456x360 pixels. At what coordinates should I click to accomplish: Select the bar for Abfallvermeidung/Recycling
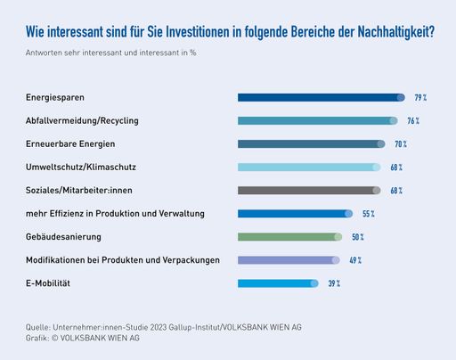[x=317, y=120]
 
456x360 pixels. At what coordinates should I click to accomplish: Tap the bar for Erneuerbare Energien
[x=311, y=143]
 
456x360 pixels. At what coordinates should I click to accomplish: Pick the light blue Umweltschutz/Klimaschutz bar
[x=309, y=167]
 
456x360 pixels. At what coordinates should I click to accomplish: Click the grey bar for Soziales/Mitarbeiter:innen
[x=309, y=190]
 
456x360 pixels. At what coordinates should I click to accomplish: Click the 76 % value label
[x=412, y=120]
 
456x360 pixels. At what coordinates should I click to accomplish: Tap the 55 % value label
[x=368, y=214]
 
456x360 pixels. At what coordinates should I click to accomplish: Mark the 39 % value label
[x=334, y=283]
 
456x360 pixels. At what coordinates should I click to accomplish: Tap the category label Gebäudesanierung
[x=63, y=237]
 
